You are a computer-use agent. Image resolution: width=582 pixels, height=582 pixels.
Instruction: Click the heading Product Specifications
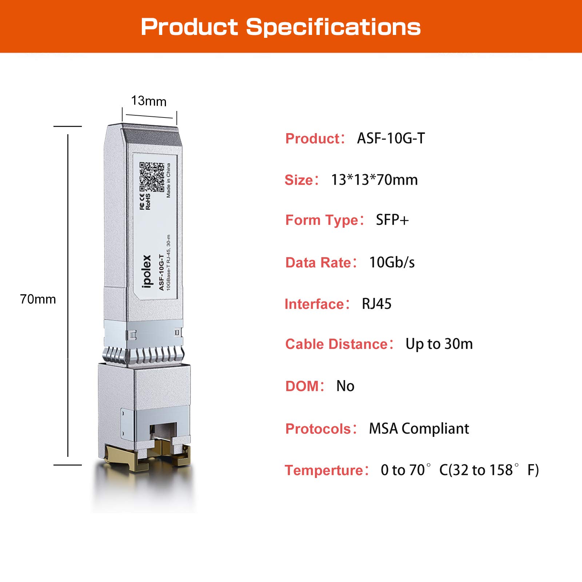pyautogui.click(x=280, y=27)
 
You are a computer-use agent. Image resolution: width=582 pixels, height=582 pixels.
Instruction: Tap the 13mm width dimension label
pyautogui.click(x=148, y=101)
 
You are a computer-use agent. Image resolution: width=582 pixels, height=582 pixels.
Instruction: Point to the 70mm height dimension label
pyautogui.click(x=38, y=299)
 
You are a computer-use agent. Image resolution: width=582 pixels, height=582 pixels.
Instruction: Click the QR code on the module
pyautogui.click(x=151, y=177)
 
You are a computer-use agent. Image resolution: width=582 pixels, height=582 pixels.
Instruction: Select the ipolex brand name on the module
pyautogui.click(x=146, y=271)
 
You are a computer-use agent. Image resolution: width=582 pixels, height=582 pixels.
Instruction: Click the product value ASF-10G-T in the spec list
pyautogui.click(x=391, y=138)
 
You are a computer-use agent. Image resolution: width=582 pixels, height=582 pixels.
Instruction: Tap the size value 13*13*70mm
pyautogui.click(x=374, y=180)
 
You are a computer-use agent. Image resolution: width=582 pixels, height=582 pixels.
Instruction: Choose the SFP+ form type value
pyautogui.click(x=392, y=220)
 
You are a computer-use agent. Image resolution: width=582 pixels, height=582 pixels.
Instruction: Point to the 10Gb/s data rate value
pyautogui.click(x=392, y=262)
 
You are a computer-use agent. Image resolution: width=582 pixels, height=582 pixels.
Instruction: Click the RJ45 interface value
pyautogui.click(x=376, y=304)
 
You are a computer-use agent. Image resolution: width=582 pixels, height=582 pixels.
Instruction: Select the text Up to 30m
pyautogui.click(x=439, y=344)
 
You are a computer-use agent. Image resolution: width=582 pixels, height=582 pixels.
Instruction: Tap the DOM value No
pyautogui.click(x=345, y=386)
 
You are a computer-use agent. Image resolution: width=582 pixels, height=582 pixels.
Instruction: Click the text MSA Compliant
pyautogui.click(x=419, y=428)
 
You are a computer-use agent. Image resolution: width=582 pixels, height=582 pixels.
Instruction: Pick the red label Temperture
pyautogui.click(x=324, y=470)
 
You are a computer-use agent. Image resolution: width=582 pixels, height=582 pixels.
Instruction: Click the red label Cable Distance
pyautogui.click(x=337, y=344)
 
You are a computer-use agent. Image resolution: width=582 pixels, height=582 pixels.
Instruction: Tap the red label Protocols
pyautogui.click(x=318, y=429)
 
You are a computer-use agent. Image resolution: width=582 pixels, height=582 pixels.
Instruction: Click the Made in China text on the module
pyautogui.click(x=168, y=180)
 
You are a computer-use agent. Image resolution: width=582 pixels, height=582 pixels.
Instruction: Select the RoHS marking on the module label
pyautogui.click(x=148, y=202)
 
